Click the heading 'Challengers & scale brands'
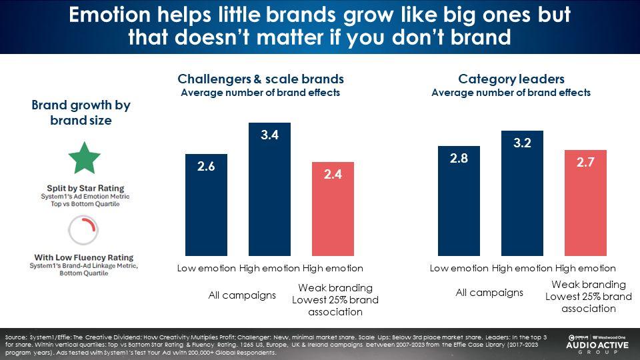(x=261, y=80)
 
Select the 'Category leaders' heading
(x=511, y=80)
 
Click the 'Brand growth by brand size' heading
(x=81, y=113)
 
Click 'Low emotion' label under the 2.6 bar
(x=206, y=269)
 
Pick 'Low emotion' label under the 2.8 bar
(x=459, y=269)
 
